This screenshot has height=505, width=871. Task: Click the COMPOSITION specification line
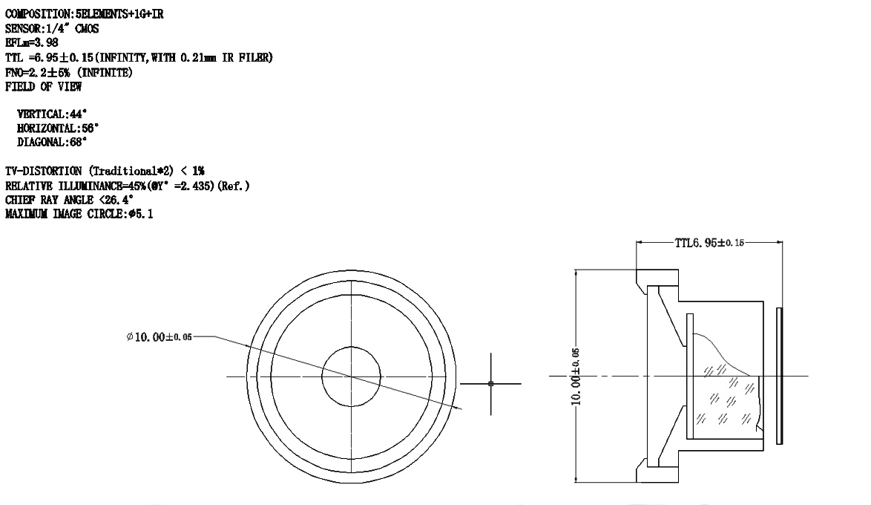click(85, 14)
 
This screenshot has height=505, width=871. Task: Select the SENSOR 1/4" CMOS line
click(52, 28)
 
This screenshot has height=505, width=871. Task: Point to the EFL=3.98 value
click(32, 43)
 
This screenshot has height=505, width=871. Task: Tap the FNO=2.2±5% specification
click(69, 72)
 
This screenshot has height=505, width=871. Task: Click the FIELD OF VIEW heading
click(43, 87)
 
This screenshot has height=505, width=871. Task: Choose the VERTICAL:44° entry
click(52, 114)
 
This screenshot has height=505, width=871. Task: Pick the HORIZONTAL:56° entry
click(58, 128)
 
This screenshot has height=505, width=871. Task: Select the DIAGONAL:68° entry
click(52, 142)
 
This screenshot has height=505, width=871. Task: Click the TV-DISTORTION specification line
click(105, 171)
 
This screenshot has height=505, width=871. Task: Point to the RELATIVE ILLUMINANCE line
click(127, 186)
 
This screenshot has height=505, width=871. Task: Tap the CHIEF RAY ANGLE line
click(70, 200)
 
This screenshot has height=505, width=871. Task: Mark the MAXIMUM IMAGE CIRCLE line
click(79, 214)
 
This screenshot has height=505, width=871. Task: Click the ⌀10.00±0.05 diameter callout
click(159, 336)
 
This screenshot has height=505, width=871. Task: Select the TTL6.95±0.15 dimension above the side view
click(709, 243)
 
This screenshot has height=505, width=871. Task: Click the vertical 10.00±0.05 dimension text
click(576, 377)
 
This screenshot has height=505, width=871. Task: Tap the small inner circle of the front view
click(351, 376)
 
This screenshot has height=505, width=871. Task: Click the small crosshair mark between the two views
click(490, 384)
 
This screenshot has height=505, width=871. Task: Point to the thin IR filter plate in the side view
click(779, 376)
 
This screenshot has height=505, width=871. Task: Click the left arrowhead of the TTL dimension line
click(639, 243)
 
